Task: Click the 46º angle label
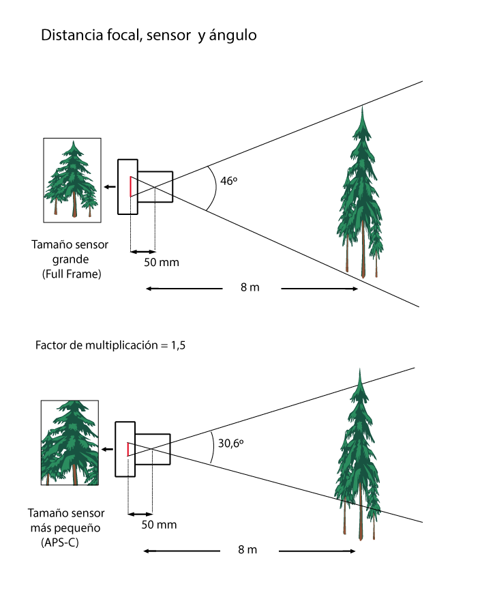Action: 228,182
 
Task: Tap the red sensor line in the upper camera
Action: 130,186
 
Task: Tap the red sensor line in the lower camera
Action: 127,448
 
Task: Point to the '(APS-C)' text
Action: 58,542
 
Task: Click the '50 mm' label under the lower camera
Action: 159,525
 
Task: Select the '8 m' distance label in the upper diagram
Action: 250,288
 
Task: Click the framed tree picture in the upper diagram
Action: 72,179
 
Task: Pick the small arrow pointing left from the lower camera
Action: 107,449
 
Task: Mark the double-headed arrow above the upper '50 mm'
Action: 142,251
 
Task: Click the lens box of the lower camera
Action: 153,448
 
